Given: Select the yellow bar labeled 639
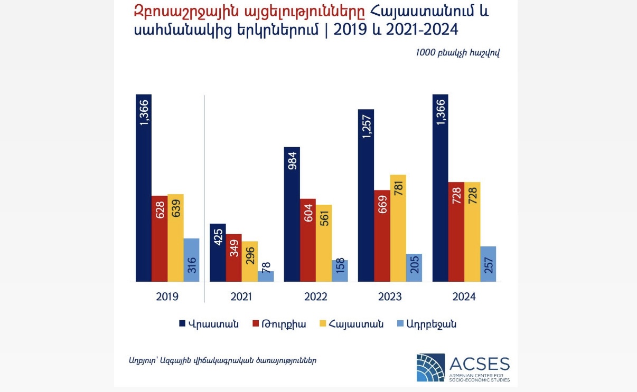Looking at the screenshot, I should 176,237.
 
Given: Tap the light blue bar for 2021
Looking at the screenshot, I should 266,276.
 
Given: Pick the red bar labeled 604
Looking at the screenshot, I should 308,240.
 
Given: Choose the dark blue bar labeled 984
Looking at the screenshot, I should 292,214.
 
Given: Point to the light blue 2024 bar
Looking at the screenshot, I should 488,264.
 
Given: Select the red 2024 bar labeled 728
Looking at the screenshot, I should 456,232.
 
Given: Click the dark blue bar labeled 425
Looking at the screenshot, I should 218,252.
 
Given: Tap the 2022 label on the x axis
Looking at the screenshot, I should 316,297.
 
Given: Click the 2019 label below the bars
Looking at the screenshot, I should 167,297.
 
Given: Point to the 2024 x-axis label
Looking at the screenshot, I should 464,297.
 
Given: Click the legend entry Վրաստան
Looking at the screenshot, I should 213,324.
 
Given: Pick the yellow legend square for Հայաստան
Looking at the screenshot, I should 323,323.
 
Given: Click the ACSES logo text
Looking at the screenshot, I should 479,364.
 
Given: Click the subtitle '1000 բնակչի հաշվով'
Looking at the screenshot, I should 457,52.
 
